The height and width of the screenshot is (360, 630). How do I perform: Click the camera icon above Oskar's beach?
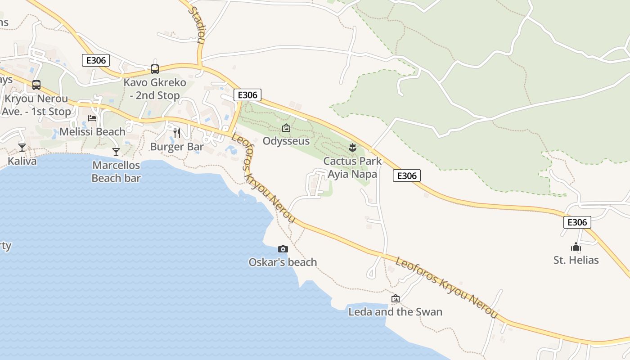(283, 249)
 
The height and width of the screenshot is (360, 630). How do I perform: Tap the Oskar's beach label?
(283, 262)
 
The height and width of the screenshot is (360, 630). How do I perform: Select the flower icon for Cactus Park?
(352, 147)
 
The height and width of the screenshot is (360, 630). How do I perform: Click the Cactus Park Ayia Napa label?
(352, 167)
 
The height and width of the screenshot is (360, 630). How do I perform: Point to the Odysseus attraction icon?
(286, 128)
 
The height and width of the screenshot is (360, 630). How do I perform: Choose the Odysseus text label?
(286, 141)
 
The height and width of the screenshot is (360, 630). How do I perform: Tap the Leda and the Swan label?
(395, 311)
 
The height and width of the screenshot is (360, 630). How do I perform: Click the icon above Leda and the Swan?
(395, 298)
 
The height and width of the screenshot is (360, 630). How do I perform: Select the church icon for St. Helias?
(576, 247)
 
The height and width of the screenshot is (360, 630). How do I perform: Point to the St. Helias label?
(576, 260)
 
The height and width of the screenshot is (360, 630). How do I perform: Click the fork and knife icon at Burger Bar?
(177, 133)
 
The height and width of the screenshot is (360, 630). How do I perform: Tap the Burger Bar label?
(177, 147)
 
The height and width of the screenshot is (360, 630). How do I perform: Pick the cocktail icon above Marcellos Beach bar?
(116, 152)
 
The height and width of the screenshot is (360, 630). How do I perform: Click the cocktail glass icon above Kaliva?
(22, 147)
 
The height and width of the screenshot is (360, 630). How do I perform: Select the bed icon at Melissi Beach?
(92, 118)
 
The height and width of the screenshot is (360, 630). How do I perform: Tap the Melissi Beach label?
(92, 131)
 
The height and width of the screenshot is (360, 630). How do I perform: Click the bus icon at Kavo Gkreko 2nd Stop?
(155, 69)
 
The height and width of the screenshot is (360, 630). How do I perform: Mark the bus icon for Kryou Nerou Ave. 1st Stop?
(36, 85)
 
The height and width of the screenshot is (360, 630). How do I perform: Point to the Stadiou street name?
(198, 25)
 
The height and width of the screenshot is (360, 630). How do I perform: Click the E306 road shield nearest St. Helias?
(577, 222)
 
